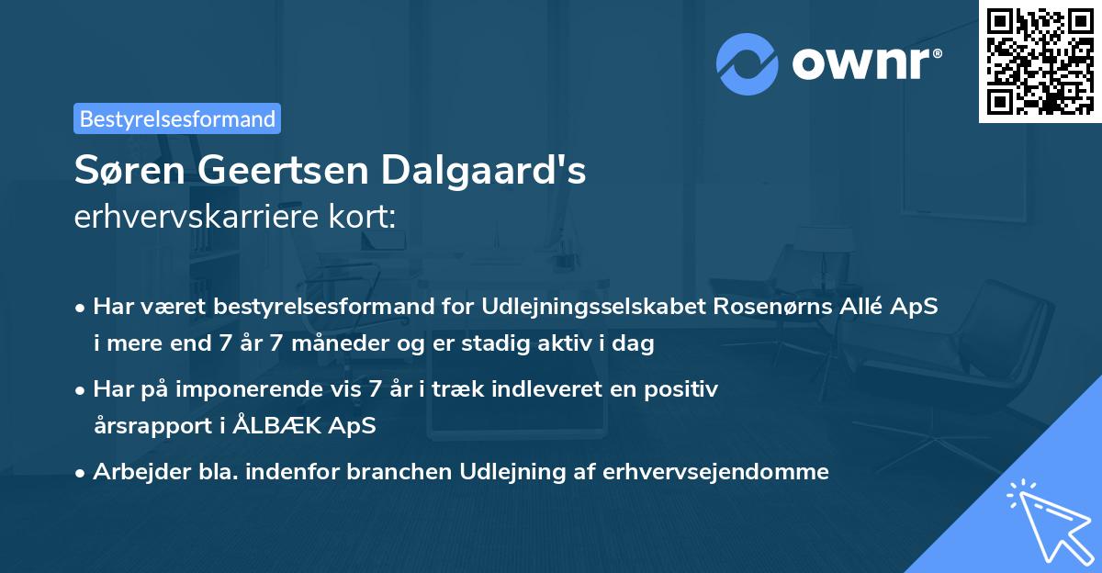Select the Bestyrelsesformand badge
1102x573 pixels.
pos(177,118)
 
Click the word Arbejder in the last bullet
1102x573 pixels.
pos(134,471)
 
